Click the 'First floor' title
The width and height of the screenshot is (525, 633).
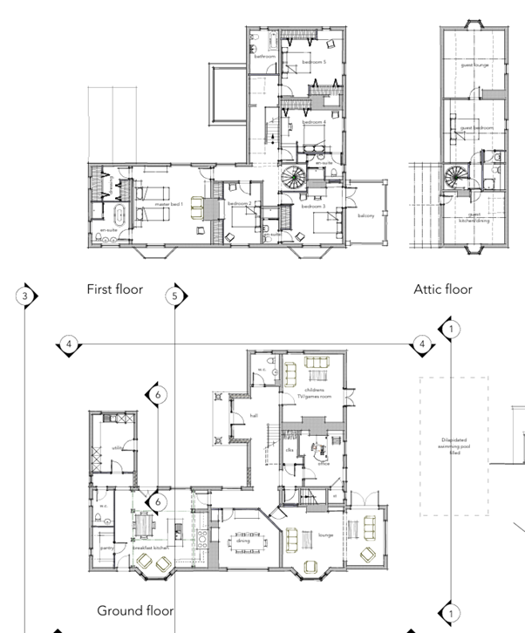click(x=114, y=289)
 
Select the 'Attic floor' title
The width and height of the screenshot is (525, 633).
click(x=442, y=289)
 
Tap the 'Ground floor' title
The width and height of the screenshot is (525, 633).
click(x=134, y=610)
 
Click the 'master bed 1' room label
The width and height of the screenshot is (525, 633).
click(x=168, y=205)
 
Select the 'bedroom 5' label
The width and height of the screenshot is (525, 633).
click(x=314, y=63)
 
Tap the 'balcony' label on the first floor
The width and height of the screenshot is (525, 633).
click(x=365, y=215)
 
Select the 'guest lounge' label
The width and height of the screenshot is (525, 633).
click(x=475, y=65)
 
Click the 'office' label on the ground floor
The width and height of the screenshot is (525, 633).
click(x=323, y=465)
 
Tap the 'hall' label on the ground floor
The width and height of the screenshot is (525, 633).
click(x=254, y=416)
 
